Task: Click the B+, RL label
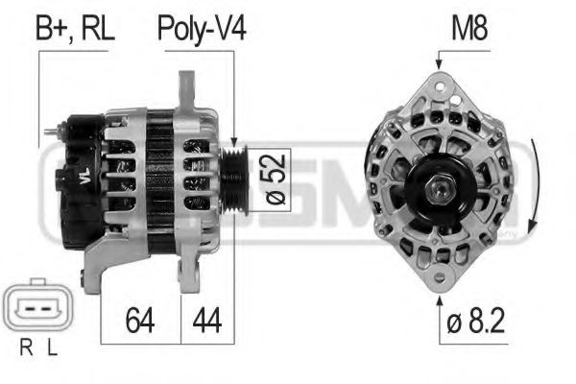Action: click(75, 28)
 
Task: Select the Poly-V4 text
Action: click(202, 28)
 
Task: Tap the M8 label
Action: click(469, 28)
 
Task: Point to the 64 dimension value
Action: click(141, 320)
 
